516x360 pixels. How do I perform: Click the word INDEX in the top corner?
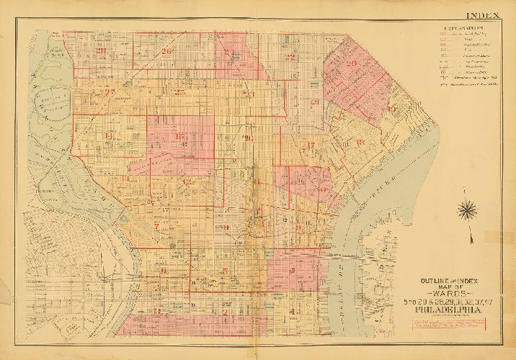point(489,15)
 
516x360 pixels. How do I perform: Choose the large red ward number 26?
point(166,52)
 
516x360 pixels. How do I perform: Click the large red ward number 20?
point(351,63)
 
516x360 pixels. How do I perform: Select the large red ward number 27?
point(110,91)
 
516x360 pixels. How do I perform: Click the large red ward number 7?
point(156,225)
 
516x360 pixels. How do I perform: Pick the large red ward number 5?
point(226,271)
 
